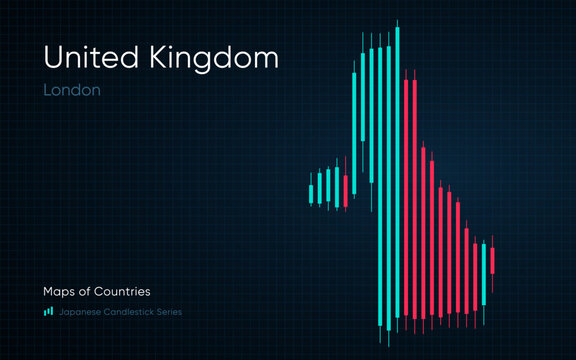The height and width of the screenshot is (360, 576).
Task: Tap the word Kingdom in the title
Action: [x=215, y=60]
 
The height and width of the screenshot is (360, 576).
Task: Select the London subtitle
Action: [x=71, y=90]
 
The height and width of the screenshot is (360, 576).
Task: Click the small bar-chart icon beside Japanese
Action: [x=48, y=311]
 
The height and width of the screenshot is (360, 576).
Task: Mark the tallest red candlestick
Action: [x=406, y=200]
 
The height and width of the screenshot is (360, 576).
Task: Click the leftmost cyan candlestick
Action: [x=311, y=193]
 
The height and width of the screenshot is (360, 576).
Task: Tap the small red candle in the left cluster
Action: [x=345, y=190]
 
